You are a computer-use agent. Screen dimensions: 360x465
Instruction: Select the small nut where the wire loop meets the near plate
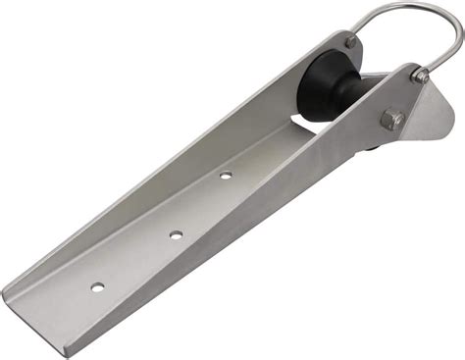point(419,76)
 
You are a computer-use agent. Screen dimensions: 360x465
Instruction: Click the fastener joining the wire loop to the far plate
point(351,43)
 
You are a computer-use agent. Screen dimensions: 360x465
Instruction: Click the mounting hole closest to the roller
point(226,176)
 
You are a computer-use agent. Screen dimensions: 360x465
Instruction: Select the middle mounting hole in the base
point(176,234)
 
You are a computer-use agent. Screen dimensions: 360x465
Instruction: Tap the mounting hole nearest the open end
point(98,286)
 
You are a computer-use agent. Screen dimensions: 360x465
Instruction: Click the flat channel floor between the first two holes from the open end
point(137,262)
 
